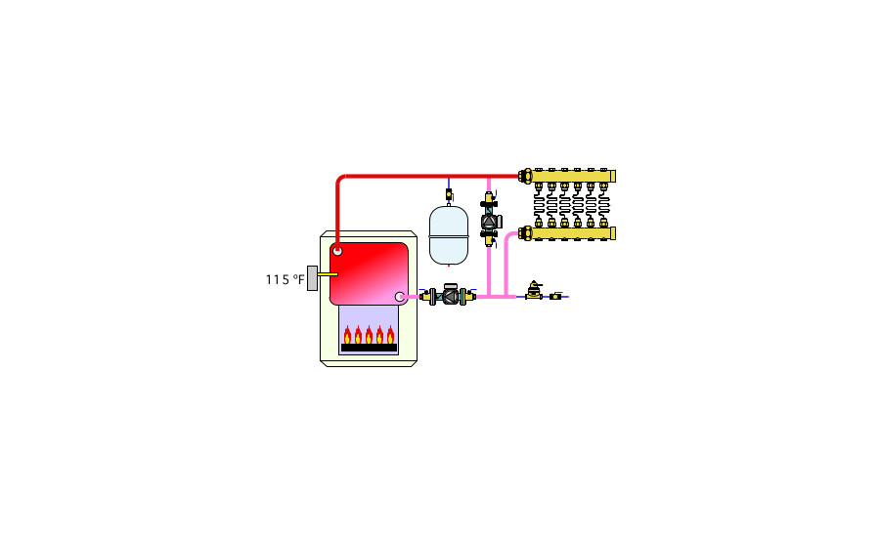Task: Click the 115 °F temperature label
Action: point(285,280)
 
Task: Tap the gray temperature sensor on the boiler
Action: point(312,277)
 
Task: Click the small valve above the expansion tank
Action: point(449,194)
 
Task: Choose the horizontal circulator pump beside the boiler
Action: point(450,295)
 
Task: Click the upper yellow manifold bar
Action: point(572,177)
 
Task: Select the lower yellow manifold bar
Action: point(572,232)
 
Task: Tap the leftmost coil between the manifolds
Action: point(539,205)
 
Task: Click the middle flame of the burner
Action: point(369,335)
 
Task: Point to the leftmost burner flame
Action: point(347,335)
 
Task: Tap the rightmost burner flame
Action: point(390,335)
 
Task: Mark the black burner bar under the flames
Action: point(369,348)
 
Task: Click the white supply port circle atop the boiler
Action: point(337,251)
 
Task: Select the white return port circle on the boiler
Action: point(400,297)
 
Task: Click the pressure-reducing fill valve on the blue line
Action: point(534,292)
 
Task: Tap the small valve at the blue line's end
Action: point(556,296)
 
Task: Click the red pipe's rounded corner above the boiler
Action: point(340,180)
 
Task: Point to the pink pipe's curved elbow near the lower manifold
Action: point(507,236)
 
